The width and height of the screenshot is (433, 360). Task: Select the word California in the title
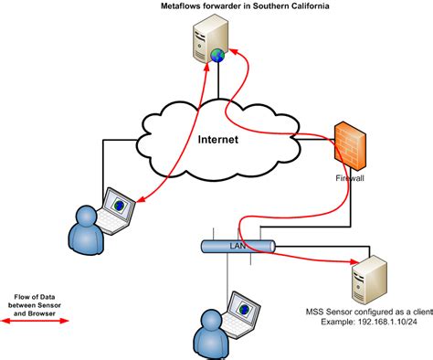[x=306, y=7]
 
